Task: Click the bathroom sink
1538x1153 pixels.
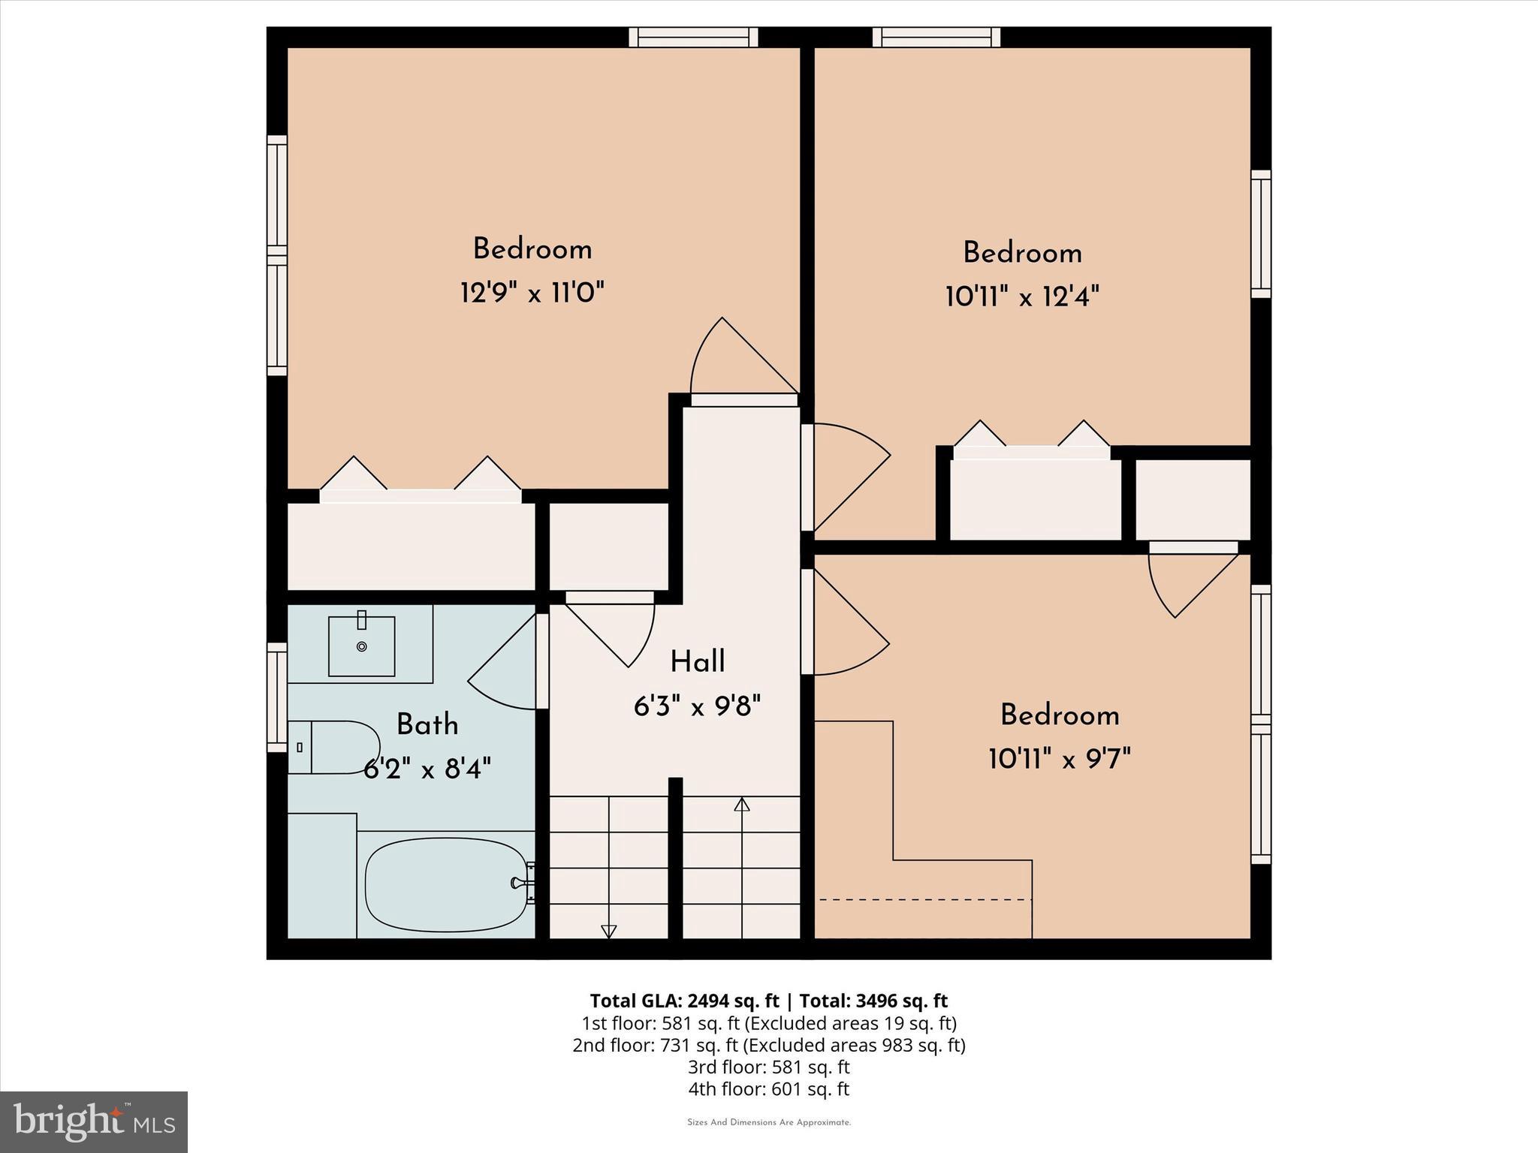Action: [361, 646]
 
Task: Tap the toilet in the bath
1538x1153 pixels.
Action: [335, 747]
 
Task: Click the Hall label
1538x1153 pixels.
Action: [697, 662]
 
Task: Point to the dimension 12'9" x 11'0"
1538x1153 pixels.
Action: [532, 292]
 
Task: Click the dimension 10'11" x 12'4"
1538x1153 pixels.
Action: [1022, 297]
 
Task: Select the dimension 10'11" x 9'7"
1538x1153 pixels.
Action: [1060, 759]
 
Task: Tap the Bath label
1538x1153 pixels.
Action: [427, 724]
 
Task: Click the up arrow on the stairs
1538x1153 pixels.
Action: [742, 805]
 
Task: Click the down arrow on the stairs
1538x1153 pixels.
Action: [609, 931]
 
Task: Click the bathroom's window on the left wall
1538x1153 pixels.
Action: [277, 697]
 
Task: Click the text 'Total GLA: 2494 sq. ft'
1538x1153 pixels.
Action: [684, 1001]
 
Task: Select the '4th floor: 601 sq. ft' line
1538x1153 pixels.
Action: [768, 1088]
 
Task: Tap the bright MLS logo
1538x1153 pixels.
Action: [94, 1122]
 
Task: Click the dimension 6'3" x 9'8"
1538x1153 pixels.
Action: [697, 706]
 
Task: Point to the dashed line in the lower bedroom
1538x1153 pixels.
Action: [924, 899]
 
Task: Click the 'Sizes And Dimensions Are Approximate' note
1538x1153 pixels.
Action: [768, 1123]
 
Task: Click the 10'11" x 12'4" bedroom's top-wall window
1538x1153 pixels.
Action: [936, 37]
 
